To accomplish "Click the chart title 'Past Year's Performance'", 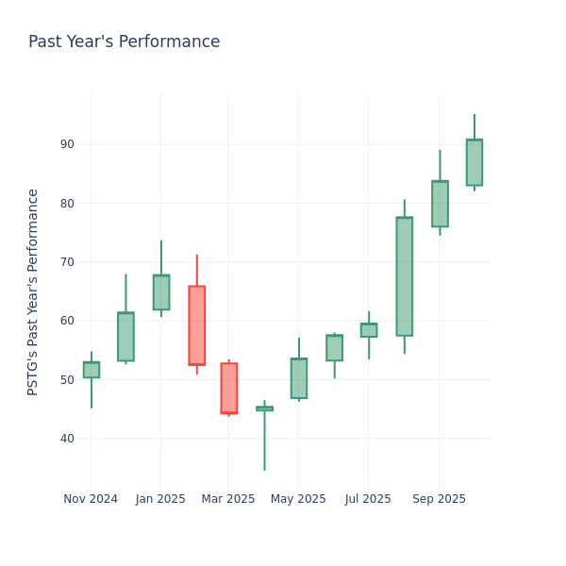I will (124, 42).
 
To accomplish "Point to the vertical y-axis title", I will (33, 291).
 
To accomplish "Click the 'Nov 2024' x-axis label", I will (91, 499).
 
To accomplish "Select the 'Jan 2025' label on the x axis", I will (160, 499).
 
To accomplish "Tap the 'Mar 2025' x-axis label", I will (228, 499).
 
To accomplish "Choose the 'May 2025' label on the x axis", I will (298, 499).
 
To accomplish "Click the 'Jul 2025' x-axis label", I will (368, 499).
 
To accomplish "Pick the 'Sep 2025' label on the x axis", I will (439, 499).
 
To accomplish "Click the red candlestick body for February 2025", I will (196, 325).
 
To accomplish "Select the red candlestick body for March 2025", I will (228, 388).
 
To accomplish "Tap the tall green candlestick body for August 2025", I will (404, 276).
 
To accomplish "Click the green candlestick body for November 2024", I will (91, 370).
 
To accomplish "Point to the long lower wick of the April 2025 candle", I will (264, 441).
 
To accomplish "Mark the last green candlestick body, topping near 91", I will (474, 162).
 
